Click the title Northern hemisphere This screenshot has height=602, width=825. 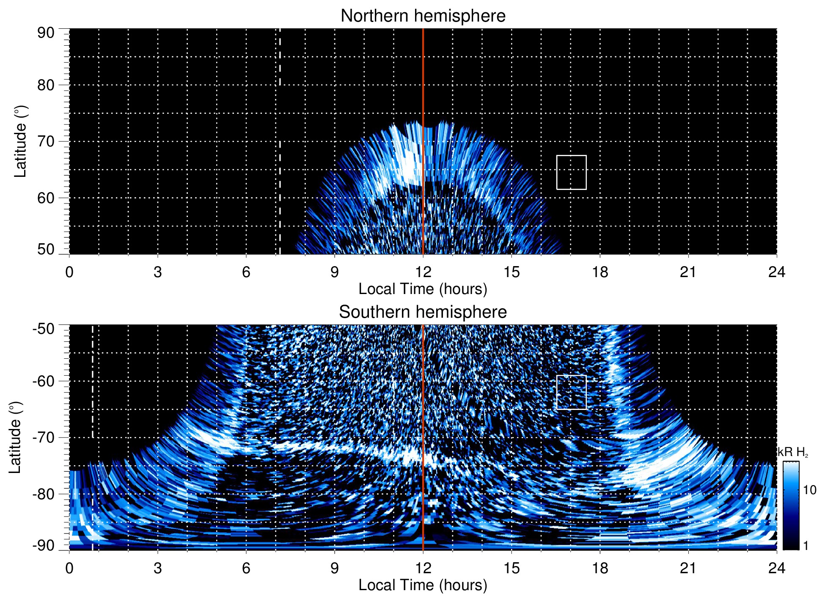tap(423, 16)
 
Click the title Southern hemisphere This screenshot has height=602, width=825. tap(423, 312)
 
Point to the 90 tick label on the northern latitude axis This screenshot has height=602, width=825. tap(46, 33)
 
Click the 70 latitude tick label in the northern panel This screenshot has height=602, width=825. tap(46, 141)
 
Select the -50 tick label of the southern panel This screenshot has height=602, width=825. tap(44, 329)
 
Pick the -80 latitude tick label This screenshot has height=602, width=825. tap(44, 494)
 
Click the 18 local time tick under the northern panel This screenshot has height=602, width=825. tap(600, 272)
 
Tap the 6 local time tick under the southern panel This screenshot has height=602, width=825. tap(246, 568)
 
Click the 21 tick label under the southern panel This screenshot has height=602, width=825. tap(688, 568)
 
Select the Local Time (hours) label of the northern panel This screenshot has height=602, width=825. tap(423, 289)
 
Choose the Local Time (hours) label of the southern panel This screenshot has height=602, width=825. tap(423, 585)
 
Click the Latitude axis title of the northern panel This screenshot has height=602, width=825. tap(20, 141)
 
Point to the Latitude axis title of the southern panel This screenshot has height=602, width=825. tap(15, 437)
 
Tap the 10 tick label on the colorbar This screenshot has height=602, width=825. tap(809, 490)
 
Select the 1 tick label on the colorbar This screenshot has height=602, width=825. tap(806, 546)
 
